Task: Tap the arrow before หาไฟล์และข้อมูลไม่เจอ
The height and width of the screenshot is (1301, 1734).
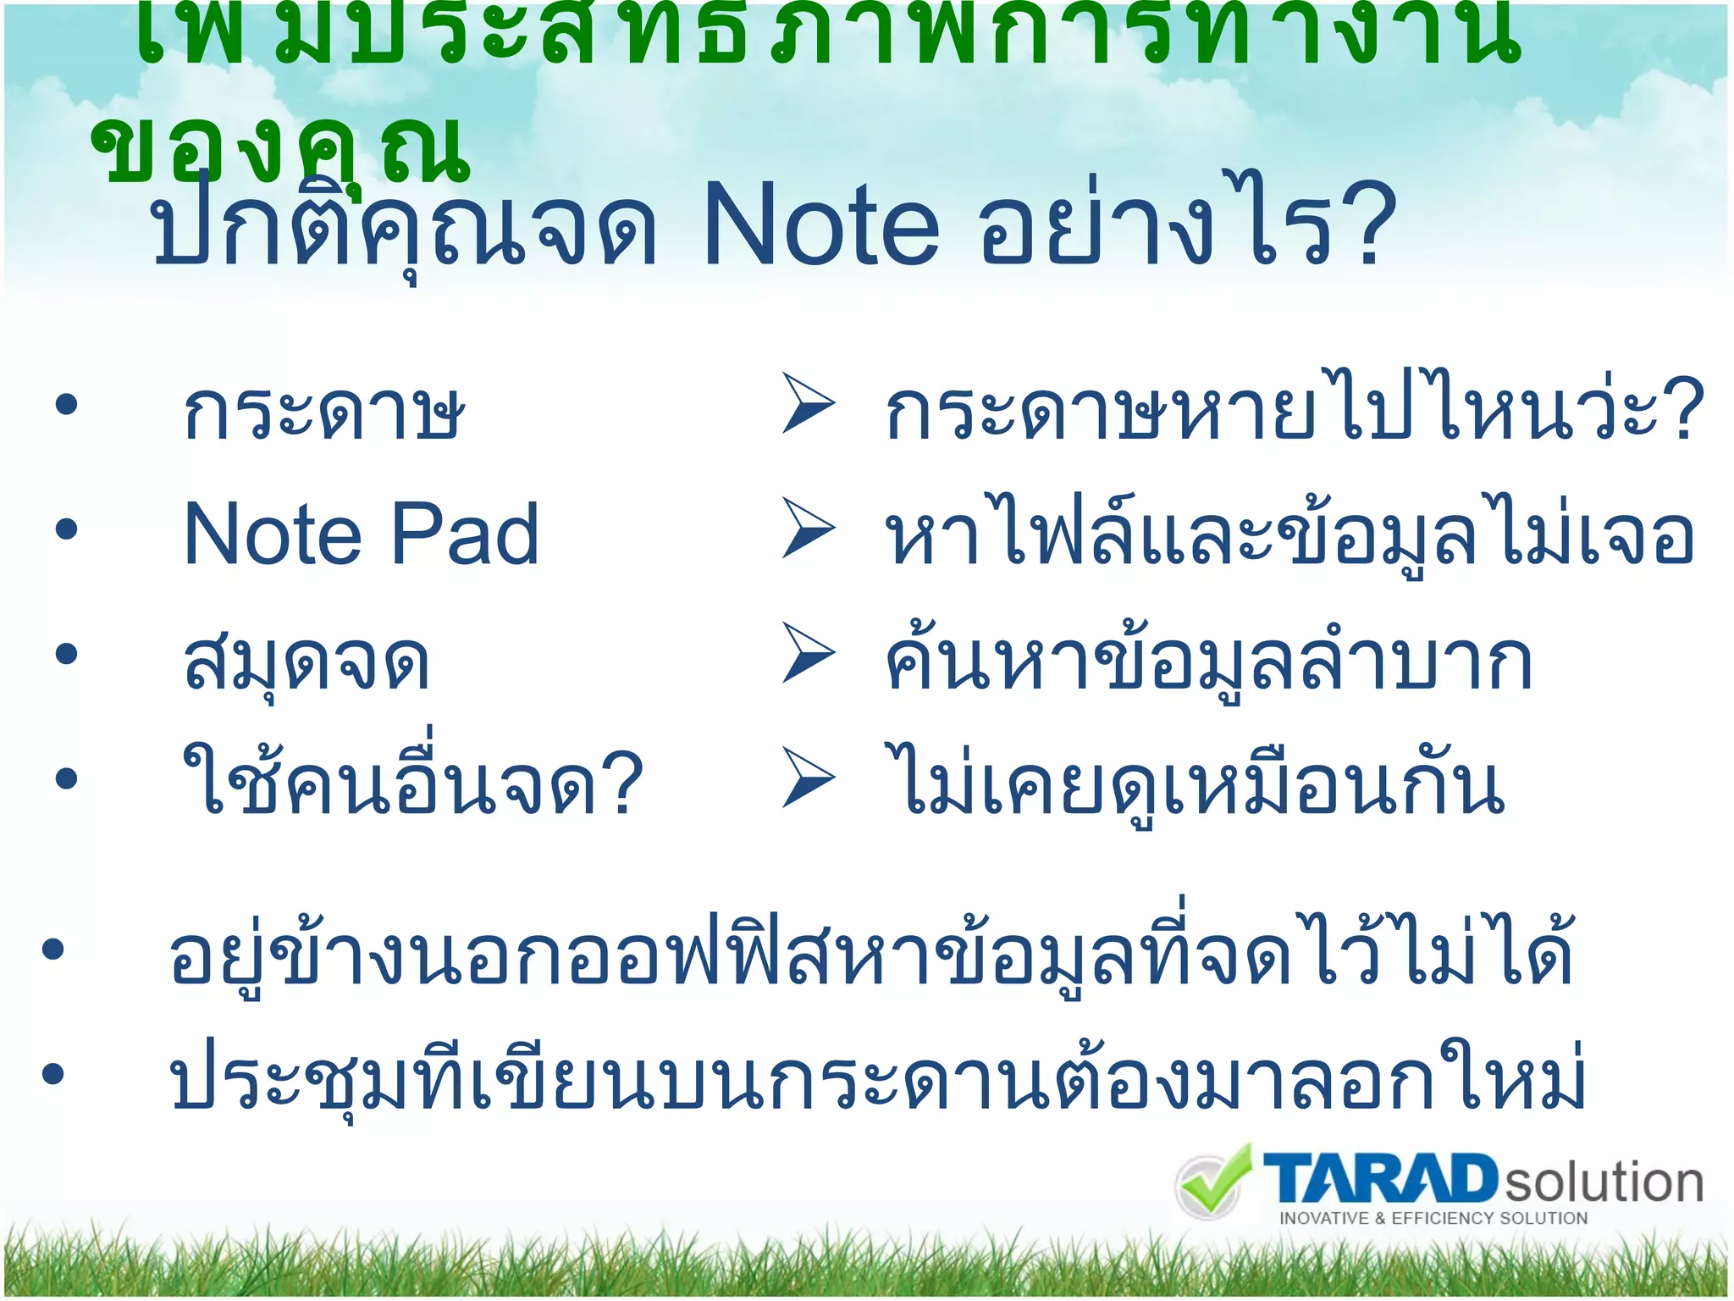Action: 808,529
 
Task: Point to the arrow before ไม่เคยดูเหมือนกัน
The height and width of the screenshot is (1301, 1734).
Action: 808,777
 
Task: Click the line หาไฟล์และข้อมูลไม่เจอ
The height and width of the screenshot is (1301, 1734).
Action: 1289,535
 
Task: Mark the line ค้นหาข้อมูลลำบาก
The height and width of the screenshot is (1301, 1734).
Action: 1207,661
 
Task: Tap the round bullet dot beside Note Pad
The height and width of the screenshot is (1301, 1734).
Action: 66,530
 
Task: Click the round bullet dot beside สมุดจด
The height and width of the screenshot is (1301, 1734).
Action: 66,654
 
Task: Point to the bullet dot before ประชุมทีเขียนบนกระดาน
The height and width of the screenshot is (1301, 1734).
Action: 52,1074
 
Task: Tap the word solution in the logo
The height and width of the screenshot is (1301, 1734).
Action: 1603,1182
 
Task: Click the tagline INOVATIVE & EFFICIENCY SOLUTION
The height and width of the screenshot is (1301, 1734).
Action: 1433,1219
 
